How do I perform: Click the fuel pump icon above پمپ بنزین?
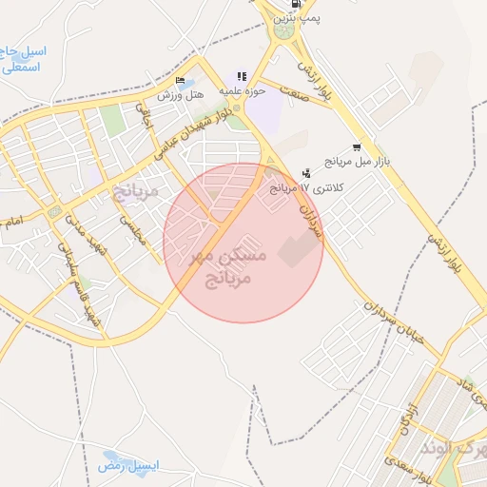pyautogui.click(x=297, y=4)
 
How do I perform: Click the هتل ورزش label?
pyautogui.click(x=181, y=95)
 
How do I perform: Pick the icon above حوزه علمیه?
pyautogui.click(x=242, y=76)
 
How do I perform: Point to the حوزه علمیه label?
pyautogui.click(x=242, y=89)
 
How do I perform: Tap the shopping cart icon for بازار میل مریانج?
pyautogui.click(x=357, y=147)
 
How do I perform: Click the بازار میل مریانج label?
pyautogui.click(x=353, y=161)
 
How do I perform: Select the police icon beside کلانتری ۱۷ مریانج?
pyautogui.click(x=305, y=173)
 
